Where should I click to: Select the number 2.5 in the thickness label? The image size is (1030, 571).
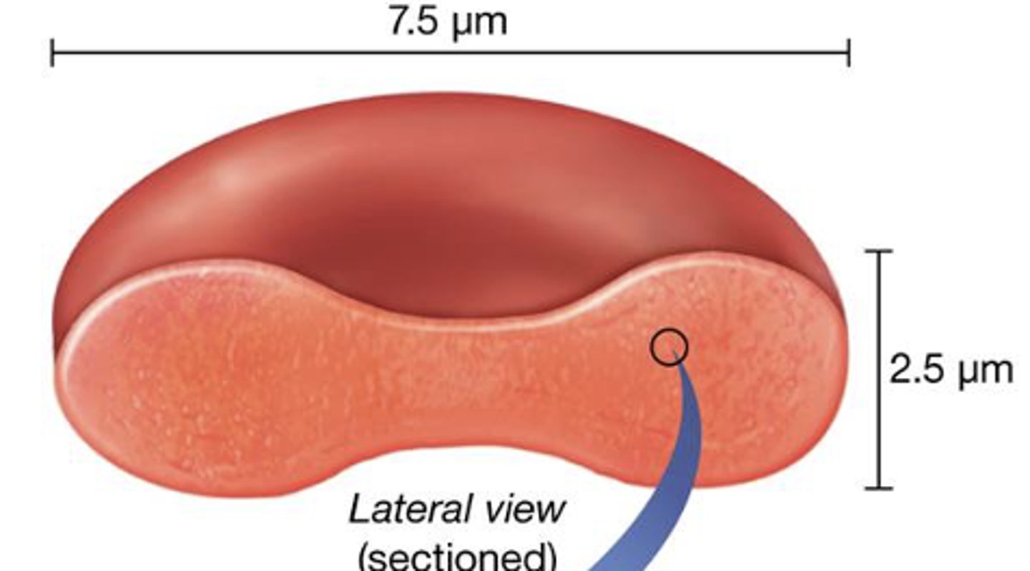[x=916, y=371]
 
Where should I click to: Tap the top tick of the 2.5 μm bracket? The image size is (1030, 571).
[x=880, y=251]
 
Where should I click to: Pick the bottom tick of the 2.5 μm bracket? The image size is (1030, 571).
[x=880, y=488]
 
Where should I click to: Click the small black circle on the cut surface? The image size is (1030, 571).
[x=669, y=347]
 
